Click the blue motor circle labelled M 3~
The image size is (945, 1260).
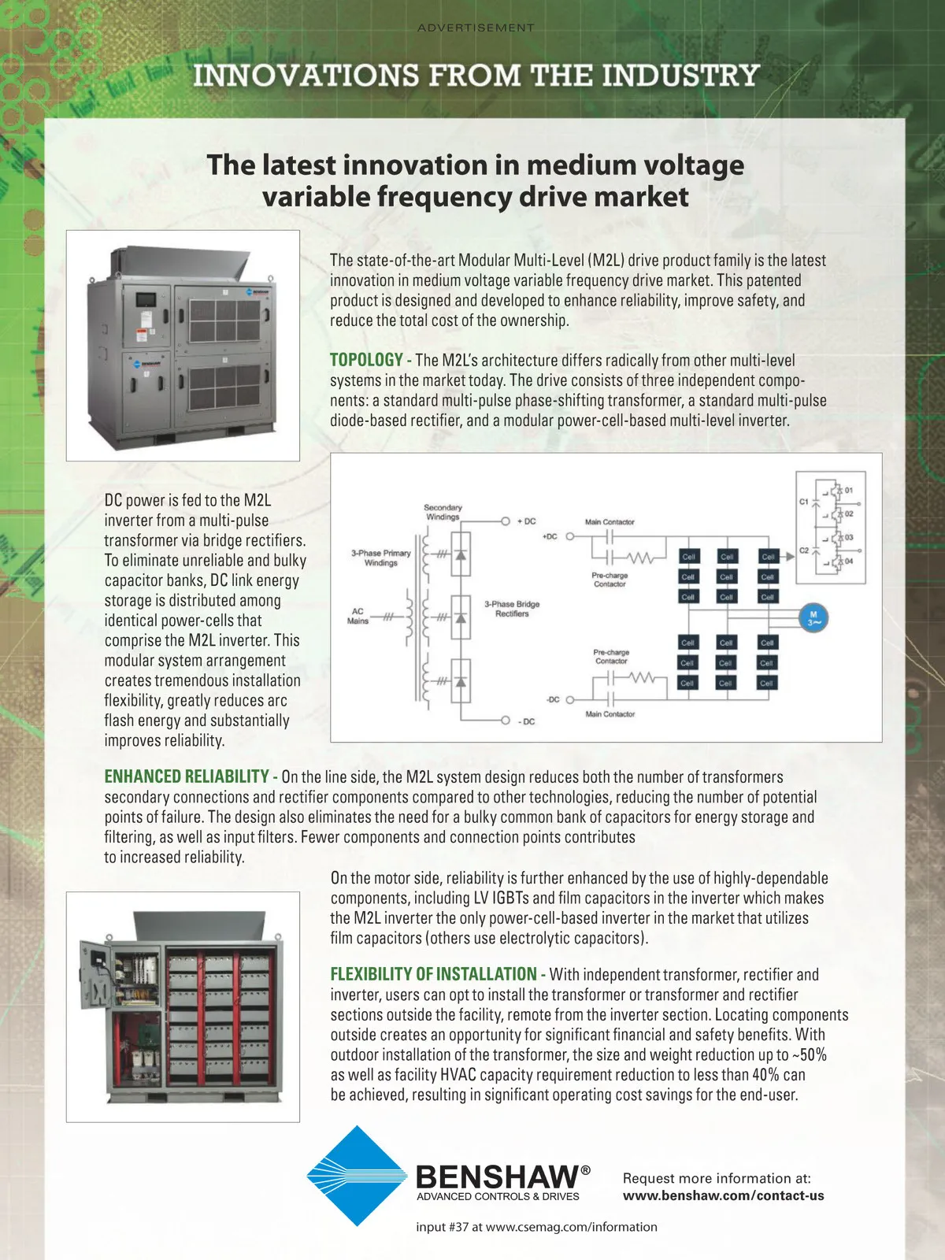813,618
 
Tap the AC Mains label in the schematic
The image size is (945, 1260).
358,616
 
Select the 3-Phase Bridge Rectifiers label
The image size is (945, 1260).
512,609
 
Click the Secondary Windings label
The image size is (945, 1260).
443,512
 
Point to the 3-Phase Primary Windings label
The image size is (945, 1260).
381,558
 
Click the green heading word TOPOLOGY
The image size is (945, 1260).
366,360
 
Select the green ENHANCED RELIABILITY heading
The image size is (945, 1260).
187,776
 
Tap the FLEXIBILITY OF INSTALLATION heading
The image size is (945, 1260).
433,974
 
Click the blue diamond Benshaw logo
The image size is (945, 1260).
356,1176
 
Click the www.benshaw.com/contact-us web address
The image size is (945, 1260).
723,1195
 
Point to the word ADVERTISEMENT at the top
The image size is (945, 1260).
476,28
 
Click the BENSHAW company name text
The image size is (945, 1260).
498,1177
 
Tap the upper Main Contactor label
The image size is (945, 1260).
610,522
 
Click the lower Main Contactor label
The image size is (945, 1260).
610,714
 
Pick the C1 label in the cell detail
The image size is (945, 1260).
804,502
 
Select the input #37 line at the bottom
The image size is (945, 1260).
536,1227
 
